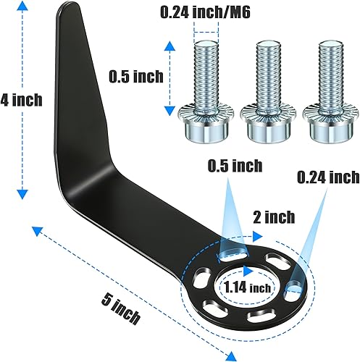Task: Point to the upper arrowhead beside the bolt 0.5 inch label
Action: [171, 45]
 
